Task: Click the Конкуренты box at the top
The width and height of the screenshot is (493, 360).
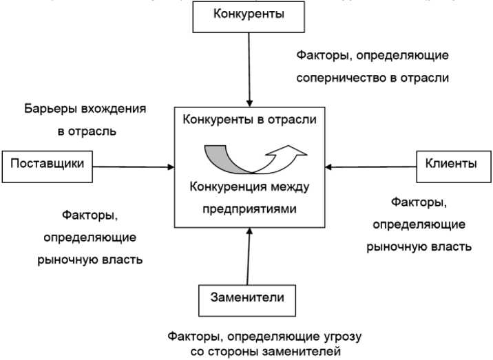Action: [x=249, y=14]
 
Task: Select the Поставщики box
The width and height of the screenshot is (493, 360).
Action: [x=48, y=165]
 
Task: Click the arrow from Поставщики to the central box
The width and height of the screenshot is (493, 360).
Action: [x=134, y=166]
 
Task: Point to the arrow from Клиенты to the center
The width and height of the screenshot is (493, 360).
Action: [x=371, y=165]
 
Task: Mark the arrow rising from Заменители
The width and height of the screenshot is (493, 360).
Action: [x=249, y=255]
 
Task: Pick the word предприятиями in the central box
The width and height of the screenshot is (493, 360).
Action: [x=249, y=209]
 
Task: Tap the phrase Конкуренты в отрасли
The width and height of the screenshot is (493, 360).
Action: [x=249, y=120]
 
